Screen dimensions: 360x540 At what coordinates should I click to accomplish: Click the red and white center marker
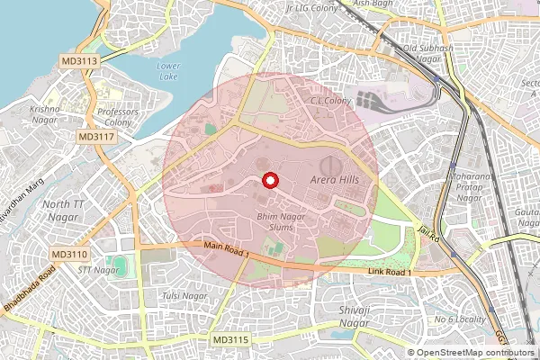pyautogui.click(x=268, y=181)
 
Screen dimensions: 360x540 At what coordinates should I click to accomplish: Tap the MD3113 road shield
pyautogui.click(x=80, y=59)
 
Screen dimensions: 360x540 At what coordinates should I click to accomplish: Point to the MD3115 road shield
pyautogui.click(x=231, y=339)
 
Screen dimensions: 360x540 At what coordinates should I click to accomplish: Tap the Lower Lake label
pyautogui.click(x=168, y=71)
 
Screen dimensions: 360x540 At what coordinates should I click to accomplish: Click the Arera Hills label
pyautogui.click(x=334, y=181)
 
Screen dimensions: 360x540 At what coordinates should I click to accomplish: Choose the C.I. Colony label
pyautogui.click(x=331, y=101)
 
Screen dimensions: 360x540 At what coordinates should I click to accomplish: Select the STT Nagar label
pyautogui.click(x=98, y=269)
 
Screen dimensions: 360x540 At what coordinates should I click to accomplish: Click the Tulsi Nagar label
pyautogui.click(x=177, y=296)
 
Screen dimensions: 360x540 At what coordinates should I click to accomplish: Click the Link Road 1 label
pyautogui.click(x=390, y=272)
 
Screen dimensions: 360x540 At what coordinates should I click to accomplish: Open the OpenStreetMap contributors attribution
pyautogui.click(x=472, y=352)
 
